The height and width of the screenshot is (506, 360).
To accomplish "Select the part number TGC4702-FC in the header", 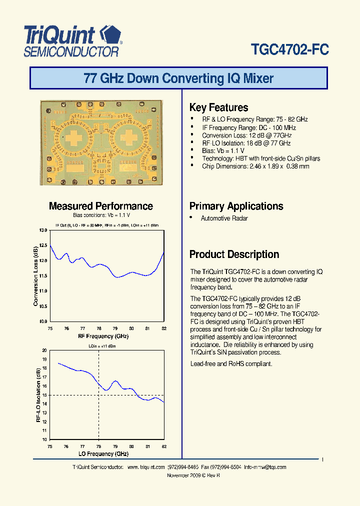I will pos(289,49).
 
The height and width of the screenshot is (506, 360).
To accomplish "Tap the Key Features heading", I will pos(218,107).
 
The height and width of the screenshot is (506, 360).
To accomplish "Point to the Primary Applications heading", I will pos(236,206).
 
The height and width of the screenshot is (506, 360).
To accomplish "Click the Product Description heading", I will pos(234,254).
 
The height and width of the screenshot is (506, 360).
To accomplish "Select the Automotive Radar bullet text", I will pos(224,218).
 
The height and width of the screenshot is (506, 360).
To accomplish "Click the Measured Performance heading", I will pos(101,206).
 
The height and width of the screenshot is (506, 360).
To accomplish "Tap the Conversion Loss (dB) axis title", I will pos(35,276).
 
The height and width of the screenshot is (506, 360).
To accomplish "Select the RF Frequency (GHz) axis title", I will pos(103,336).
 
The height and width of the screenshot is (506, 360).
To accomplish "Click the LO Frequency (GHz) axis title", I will pos(103,453).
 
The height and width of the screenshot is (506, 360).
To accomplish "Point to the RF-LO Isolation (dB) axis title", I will pos(38,395).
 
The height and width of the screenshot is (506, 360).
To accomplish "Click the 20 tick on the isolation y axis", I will pos(44,350).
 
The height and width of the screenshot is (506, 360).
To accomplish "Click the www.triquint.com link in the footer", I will pos(146,467).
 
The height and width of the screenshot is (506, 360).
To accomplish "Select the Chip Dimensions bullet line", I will pos(255,166).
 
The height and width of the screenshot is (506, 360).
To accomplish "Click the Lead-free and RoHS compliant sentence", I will pos(231,364).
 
